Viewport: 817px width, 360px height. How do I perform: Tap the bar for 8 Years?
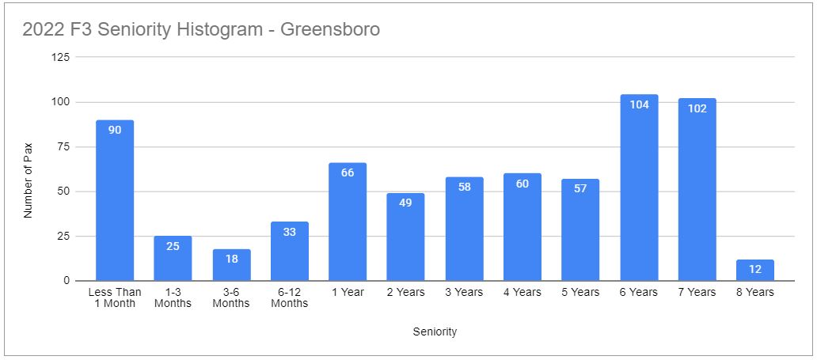[755, 270]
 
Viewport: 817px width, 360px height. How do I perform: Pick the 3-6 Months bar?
[231, 265]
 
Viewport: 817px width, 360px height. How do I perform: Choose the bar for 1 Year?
[348, 222]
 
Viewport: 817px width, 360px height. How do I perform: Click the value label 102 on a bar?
[697, 108]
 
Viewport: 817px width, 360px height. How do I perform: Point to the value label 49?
[405, 203]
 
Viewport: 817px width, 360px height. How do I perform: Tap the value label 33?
[289, 232]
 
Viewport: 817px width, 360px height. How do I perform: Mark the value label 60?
[522, 184]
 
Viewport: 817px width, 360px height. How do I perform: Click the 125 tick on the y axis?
[61, 58]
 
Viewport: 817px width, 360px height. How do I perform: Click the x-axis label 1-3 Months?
[173, 297]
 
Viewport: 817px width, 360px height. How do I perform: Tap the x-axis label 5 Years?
[580, 292]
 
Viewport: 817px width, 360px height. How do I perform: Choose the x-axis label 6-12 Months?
[289, 297]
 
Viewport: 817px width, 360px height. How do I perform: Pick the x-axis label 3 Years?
[464, 292]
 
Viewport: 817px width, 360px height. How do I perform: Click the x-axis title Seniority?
[435, 332]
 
